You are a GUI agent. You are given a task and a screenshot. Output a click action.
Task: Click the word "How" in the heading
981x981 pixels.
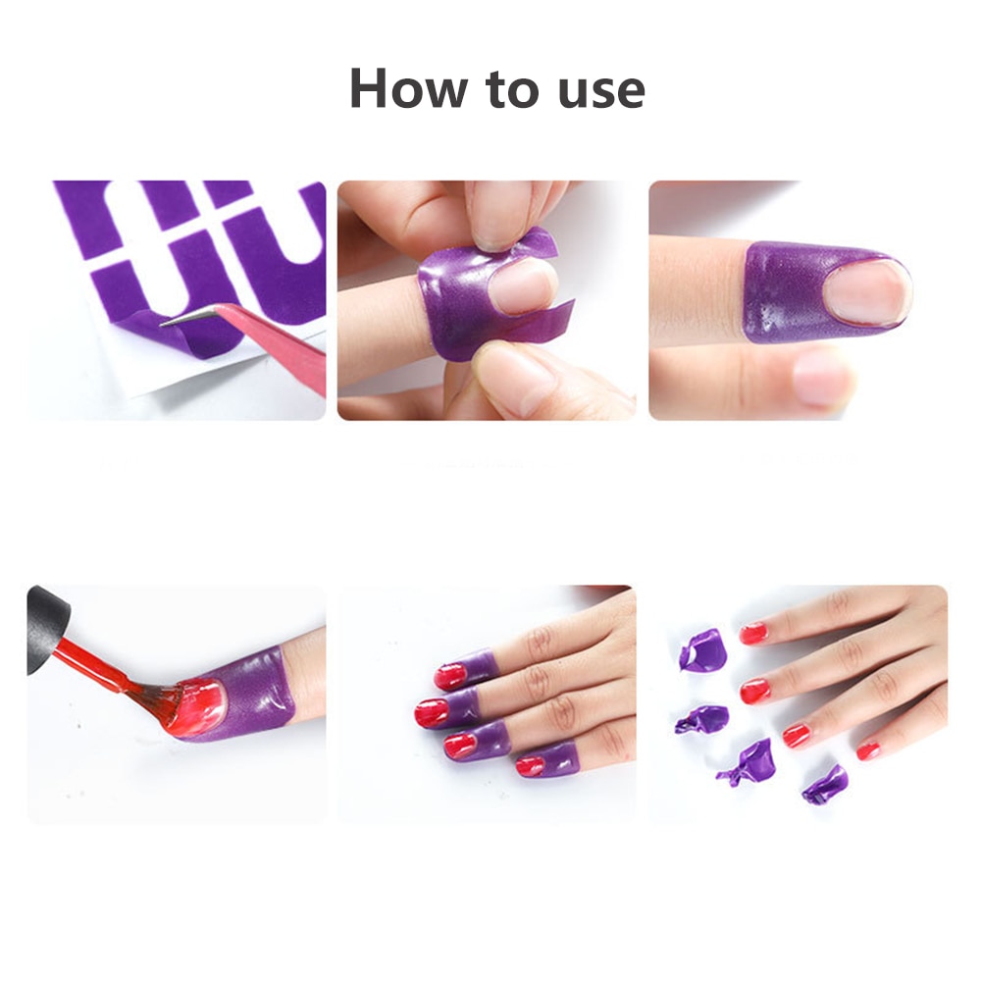click(x=408, y=87)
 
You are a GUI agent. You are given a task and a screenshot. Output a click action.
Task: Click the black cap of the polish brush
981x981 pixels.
click(x=47, y=628)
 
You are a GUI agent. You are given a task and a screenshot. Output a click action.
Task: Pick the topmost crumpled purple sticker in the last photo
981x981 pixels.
click(x=703, y=649)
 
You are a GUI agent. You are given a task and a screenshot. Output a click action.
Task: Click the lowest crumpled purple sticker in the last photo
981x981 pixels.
click(x=825, y=785)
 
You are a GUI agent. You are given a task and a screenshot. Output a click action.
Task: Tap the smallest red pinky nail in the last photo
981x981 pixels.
click(x=868, y=749)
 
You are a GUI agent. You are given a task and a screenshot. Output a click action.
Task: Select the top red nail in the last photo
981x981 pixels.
click(x=753, y=633)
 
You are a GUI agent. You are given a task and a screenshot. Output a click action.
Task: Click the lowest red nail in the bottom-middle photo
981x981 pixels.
click(x=531, y=766)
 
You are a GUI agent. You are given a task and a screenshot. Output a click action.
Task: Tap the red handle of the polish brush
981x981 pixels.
click(x=90, y=665)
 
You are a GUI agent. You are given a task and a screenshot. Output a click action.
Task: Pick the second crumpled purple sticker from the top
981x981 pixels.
click(x=702, y=719)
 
